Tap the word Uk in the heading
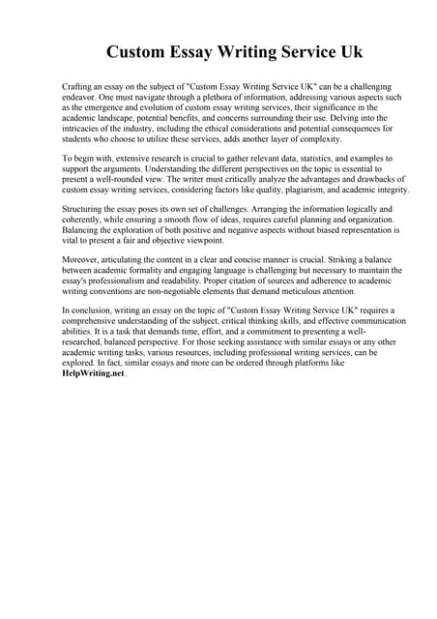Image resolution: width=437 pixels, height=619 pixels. [x=348, y=51]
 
